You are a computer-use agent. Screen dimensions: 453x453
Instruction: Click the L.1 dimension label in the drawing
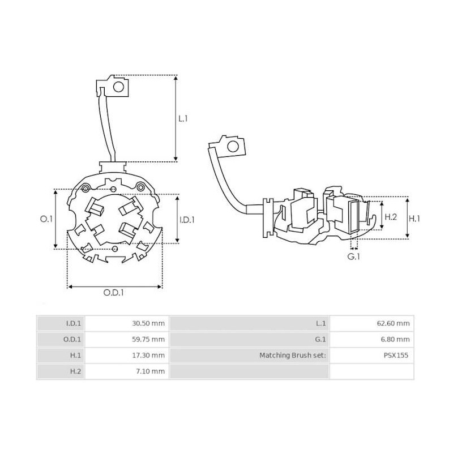[x=183, y=119]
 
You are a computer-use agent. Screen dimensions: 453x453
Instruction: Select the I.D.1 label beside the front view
[x=187, y=220]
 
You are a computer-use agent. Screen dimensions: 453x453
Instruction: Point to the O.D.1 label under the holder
[x=114, y=293]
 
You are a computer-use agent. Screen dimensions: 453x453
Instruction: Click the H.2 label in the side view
[x=391, y=217]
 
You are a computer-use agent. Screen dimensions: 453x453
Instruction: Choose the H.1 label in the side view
[x=415, y=218]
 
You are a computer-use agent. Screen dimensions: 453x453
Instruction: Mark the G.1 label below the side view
[x=354, y=257]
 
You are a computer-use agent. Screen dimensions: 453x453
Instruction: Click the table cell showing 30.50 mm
[x=148, y=323]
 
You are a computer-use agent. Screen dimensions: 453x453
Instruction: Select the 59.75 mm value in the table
[x=148, y=340]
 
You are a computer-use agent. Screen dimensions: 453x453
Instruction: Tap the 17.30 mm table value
[x=148, y=356]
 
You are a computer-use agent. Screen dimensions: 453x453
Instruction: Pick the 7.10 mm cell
[x=149, y=371]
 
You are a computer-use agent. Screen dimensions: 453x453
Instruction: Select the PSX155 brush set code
[x=396, y=356]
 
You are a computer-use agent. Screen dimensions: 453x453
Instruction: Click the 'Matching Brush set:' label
[x=293, y=356]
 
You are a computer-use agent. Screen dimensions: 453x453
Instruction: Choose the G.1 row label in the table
[x=320, y=340]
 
